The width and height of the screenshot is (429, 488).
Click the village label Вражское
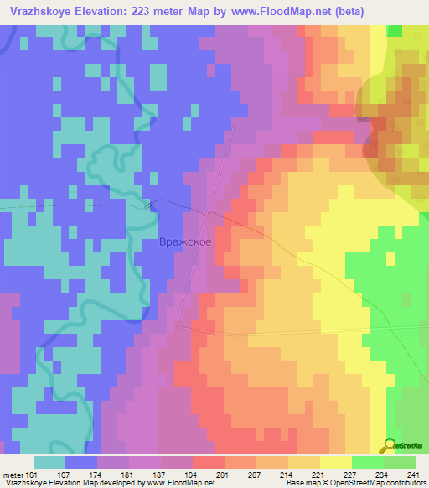point(191,242)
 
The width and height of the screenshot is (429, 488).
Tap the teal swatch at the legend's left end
point(49,462)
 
